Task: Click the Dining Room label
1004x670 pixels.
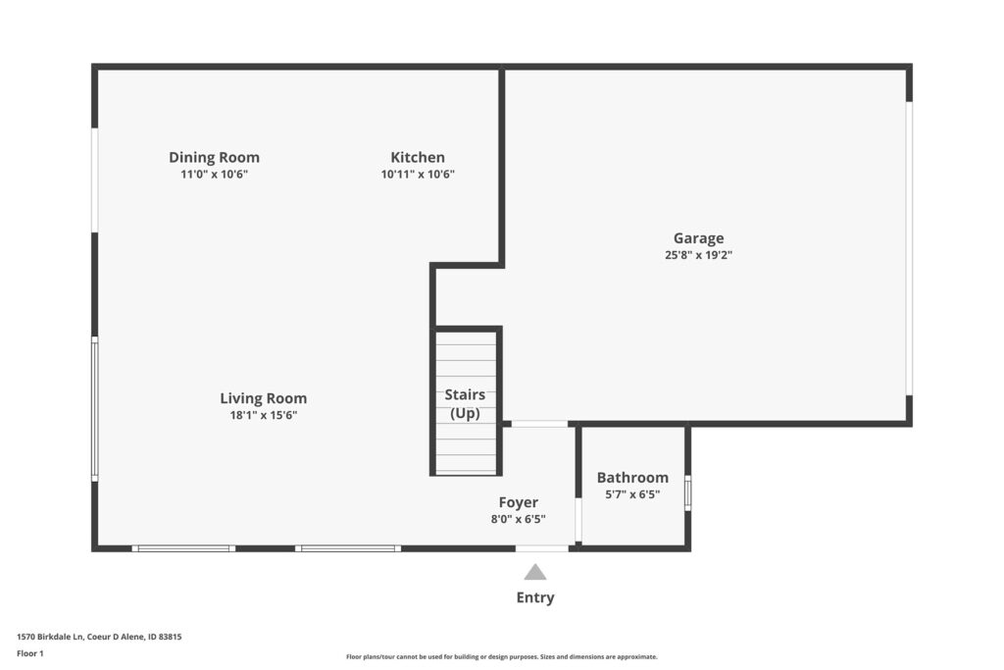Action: (x=214, y=158)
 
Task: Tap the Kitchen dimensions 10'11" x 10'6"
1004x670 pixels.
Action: (x=418, y=175)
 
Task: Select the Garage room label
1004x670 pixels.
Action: (x=698, y=238)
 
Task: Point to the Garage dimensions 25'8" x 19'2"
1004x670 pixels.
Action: (x=698, y=255)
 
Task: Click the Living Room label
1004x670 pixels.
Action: (x=263, y=398)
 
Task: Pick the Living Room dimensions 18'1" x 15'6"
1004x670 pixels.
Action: (x=263, y=415)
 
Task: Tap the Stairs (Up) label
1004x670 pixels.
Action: (x=465, y=403)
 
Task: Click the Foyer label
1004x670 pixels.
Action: (x=518, y=502)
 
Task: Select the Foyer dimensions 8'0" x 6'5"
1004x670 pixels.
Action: (x=518, y=519)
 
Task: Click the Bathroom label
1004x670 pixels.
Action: (x=632, y=478)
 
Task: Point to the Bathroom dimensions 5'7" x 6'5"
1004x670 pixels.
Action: (x=632, y=494)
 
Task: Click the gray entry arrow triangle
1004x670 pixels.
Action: (x=535, y=572)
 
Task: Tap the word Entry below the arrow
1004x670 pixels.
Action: (x=535, y=597)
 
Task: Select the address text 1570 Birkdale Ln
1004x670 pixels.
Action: (x=50, y=637)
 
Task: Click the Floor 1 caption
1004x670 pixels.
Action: (x=30, y=653)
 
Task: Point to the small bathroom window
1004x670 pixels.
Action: (x=688, y=491)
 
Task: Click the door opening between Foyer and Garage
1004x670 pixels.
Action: (x=539, y=424)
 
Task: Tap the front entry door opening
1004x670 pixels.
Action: (x=541, y=548)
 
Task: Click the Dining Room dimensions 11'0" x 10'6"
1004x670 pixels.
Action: (x=214, y=175)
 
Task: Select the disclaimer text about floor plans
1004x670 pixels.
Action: (x=501, y=656)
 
